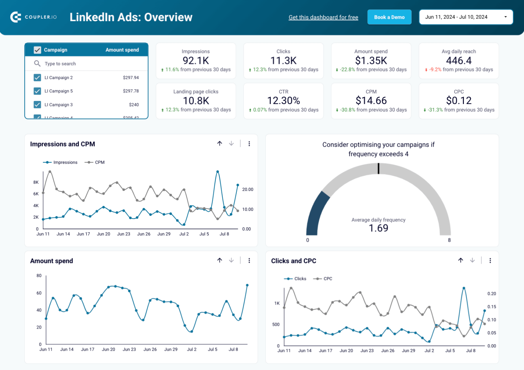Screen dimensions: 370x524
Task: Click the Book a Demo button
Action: (389, 17)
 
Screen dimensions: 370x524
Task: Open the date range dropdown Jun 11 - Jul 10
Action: (466, 17)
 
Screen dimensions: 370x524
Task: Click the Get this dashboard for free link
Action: (323, 17)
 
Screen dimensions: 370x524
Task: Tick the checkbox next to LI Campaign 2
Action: (38, 78)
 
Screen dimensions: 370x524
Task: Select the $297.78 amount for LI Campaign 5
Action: (131, 91)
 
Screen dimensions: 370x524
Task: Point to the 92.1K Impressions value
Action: (196, 61)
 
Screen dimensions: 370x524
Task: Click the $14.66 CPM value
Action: (371, 101)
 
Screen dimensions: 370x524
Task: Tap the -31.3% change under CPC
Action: (435, 110)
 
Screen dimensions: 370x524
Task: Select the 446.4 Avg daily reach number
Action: (458, 61)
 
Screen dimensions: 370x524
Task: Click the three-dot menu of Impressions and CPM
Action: (249, 144)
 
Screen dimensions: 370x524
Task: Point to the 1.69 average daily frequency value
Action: (378, 228)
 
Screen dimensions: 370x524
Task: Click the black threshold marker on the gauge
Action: (378, 168)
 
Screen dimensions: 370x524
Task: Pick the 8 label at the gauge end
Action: (449, 240)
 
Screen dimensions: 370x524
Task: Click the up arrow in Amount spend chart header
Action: (220, 261)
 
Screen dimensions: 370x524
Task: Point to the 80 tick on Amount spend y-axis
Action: (39, 276)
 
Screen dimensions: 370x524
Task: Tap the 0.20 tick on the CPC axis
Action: (492, 294)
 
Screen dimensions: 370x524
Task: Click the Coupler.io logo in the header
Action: (33, 17)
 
